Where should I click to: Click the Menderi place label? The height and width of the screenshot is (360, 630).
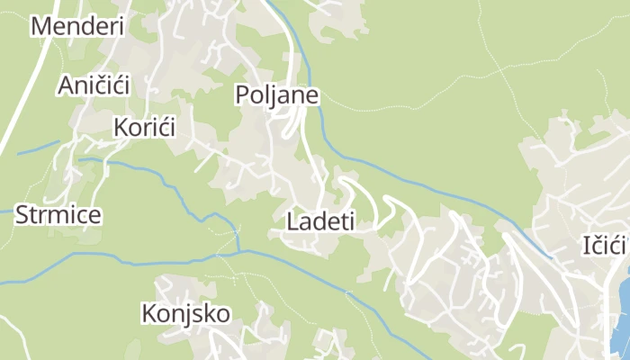point(76,26)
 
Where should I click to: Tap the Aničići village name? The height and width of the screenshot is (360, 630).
point(94,85)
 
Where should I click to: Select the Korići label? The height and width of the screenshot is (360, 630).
point(144,127)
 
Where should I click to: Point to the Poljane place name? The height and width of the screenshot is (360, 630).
point(277,94)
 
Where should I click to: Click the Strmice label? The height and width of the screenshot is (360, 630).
point(58,215)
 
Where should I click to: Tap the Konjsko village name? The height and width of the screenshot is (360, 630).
point(185,313)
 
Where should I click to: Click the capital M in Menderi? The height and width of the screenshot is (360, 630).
point(40,26)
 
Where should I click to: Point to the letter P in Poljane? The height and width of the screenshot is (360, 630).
point(242,94)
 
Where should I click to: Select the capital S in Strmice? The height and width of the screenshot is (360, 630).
point(22,215)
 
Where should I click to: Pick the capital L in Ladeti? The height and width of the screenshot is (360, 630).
point(292,220)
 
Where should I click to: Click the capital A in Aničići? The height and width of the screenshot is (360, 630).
point(66,85)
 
